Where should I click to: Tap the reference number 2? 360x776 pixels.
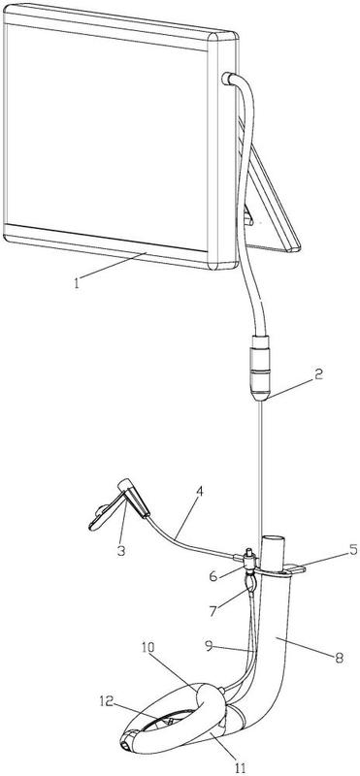(x=317, y=374)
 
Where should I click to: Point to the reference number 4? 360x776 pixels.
(x=200, y=492)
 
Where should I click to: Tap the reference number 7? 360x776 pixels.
(x=213, y=611)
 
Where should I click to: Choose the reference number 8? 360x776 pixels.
(x=339, y=658)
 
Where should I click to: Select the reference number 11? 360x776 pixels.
(x=240, y=767)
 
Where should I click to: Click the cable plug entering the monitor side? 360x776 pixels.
(x=228, y=80)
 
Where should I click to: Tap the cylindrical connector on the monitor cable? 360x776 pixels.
(x=261, y=368)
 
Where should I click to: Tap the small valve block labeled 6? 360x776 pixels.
(x=250, y=560)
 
